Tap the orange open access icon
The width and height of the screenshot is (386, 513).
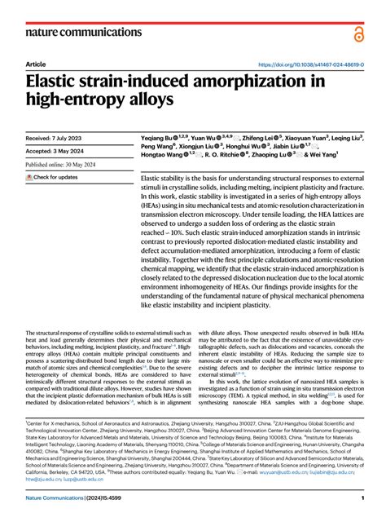359,33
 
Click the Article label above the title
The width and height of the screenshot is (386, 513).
36,64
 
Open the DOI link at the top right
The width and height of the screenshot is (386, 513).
309,64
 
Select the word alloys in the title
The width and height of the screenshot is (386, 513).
151,100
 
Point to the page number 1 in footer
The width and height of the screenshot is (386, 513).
361,498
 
